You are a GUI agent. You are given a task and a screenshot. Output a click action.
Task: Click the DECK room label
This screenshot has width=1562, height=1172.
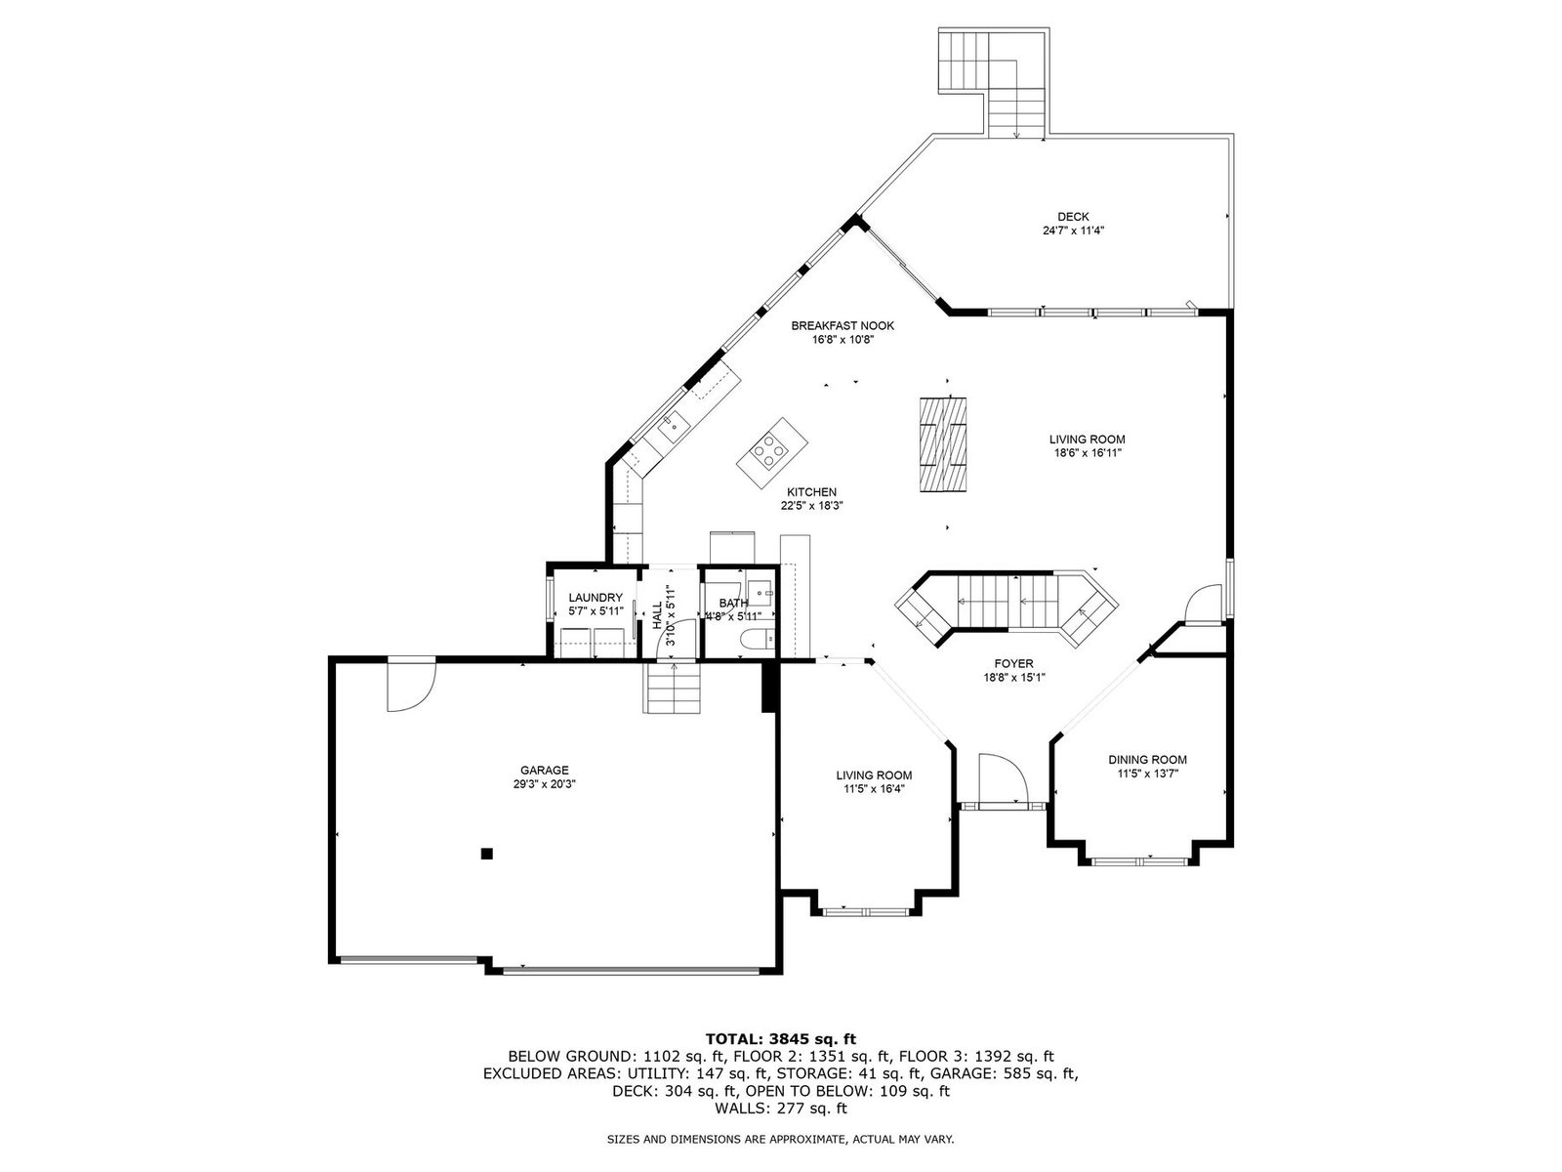pos(1072,217)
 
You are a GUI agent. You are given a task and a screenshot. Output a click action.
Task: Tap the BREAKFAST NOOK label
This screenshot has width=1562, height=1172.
pos(843,326)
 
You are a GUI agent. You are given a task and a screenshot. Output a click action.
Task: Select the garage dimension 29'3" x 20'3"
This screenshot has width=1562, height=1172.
pos(545,784)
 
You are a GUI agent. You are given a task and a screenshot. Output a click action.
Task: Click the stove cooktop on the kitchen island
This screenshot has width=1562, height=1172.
pos(770,450)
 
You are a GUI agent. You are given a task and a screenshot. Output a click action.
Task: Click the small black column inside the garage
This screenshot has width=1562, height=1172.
pos(487,854)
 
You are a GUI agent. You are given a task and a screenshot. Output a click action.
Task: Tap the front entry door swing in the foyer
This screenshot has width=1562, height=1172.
pos(1004,778)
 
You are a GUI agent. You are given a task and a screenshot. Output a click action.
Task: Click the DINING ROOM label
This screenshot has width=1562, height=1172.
pos(1147,760)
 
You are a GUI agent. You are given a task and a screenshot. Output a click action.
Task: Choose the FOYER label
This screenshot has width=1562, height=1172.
pos(1014,664)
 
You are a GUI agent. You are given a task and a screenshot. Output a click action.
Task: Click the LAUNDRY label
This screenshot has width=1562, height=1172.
pos(596,598)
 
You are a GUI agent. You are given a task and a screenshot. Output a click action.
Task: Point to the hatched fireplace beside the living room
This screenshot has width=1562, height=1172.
pos(943,444)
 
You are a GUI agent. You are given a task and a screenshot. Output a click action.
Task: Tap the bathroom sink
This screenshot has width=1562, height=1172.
pos(760,593)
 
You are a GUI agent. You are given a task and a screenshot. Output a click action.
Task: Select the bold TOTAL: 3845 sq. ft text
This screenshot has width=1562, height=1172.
pos(781,1039)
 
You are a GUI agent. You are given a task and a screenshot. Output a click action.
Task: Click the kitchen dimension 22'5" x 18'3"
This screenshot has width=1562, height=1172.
pos(811,506)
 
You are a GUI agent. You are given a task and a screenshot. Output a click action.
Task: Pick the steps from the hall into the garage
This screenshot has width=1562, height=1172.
pos(673,688)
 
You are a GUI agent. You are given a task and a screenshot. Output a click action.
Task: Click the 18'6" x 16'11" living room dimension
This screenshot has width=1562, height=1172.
pos(1087,453)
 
